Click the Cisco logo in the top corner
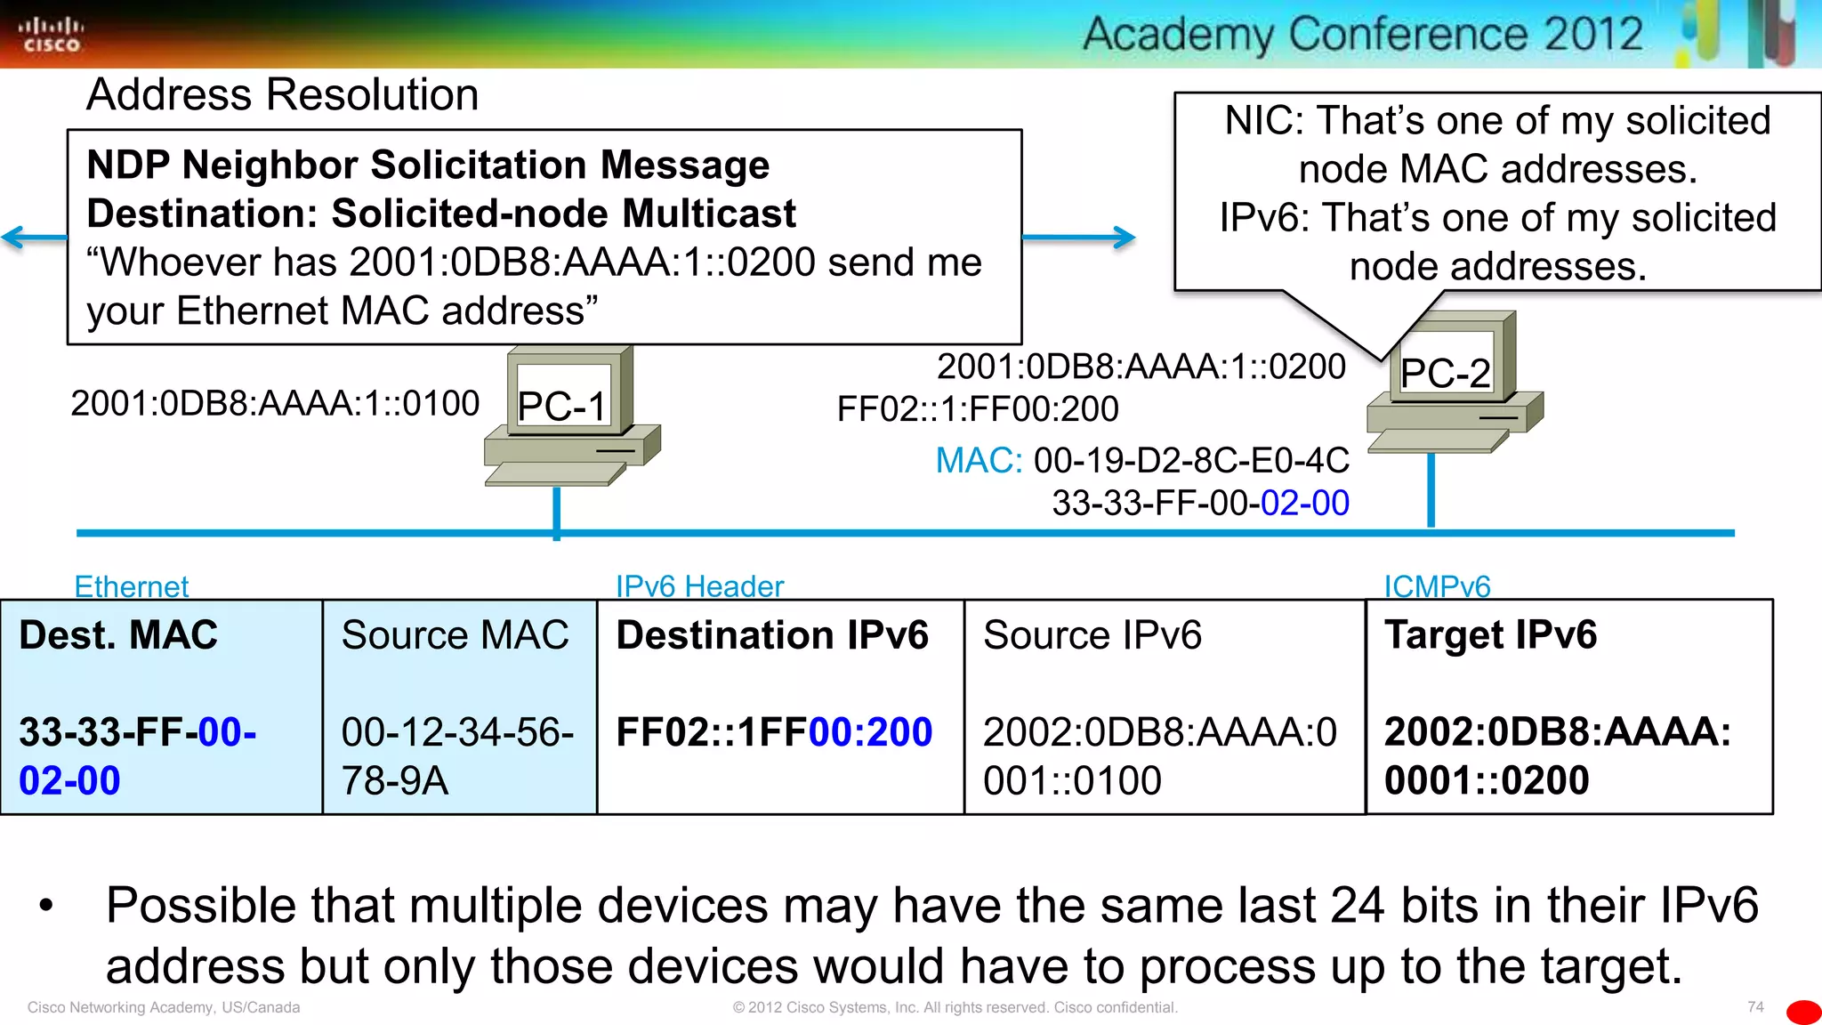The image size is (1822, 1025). [51, 35]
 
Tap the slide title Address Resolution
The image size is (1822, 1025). [282, 94]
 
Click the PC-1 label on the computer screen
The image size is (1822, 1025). [561, 407]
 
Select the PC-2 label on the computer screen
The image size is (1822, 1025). [1444, 373]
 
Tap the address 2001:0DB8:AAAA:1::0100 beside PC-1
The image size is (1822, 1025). [275, 403]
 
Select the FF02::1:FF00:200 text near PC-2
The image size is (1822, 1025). [978, 409]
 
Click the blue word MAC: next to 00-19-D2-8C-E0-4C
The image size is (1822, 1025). [978, 461]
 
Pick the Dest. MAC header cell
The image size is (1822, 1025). [118, 635]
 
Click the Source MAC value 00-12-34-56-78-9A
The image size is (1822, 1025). [456, 756]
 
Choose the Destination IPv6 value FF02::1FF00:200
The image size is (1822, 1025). [774, 732]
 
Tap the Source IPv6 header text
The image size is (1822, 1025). [1092, 635]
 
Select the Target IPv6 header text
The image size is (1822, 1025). [1490, 635]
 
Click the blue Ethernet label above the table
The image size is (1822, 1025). [132, 586]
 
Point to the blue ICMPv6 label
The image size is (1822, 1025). [1436, 586]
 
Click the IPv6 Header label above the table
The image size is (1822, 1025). [699, 586]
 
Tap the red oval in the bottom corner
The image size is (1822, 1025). [1803, 1013]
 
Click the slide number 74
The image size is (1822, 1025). [1754, 1007]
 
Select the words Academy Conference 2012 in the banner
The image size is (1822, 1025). [1362, 35]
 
